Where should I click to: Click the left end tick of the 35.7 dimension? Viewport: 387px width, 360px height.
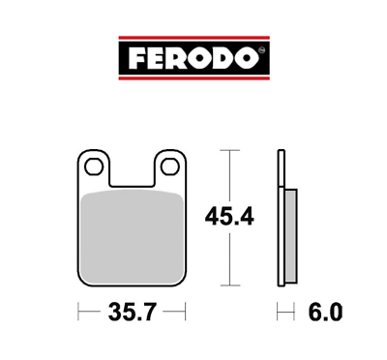(x=76, y=312)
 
